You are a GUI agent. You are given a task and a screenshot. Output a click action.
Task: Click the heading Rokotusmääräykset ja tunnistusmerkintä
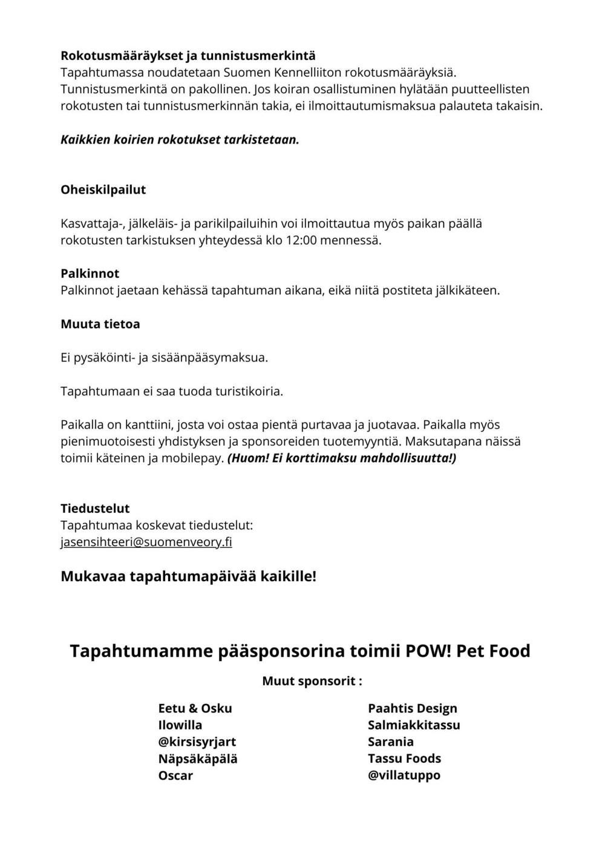pyautogui.click(x=188, y=56)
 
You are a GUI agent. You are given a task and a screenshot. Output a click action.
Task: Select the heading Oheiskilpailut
pyautogui.click(x=103, y=189)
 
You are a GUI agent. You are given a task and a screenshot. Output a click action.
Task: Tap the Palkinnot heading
pyautogui.click(x=90, y=273)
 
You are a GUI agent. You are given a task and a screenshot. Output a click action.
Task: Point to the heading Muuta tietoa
pyautogui.click(x=100, y=324)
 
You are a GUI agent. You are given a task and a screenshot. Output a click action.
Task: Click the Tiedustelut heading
pyautogui.click(x=95, y=508)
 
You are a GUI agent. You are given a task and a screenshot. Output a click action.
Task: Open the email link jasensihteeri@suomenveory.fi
pyautogui.click(x=146, y=542)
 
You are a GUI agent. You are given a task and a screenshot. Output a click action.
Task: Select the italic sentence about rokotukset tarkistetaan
pyautogui.click(x=180, y=140)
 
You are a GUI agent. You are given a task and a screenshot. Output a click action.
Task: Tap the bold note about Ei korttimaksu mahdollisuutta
pyautogui.click(x=342, y=458)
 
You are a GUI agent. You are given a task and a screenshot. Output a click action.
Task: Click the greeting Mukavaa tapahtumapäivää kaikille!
pyautogui.click(x=188, y=576)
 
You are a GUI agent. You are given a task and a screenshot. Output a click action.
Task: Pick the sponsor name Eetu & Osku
pyautogui.click(x=195, y=708)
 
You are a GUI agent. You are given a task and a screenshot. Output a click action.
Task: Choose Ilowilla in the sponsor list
pyautogui.click(x=180, y=725)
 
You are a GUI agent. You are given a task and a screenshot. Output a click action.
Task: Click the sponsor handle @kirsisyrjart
pyautogui.click(x=197, y=742)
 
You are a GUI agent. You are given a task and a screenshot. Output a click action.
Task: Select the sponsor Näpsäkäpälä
pyautogui.click(x=198, y=759)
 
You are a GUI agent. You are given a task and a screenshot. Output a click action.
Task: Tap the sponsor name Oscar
pyautogui.click(x=175, y=775)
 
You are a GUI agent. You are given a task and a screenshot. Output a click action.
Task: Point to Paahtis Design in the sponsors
pyautogui.click(x=413, y=708)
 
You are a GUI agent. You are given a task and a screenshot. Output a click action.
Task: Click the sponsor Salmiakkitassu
pyautogui.click(x=414, y=725)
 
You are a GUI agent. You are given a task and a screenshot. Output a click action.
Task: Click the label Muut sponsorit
pyautogui.click(x=312, y=681)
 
